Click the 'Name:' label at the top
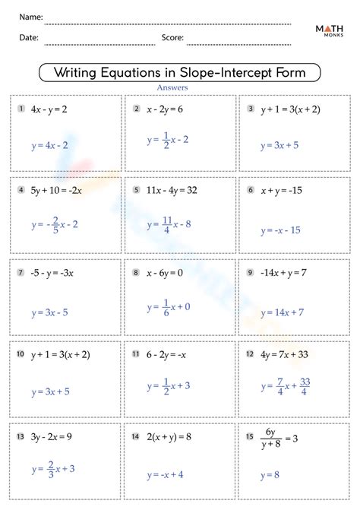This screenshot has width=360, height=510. (x=31, y=17)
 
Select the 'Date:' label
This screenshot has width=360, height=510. (x=29, y=36)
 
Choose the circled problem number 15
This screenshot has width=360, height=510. (x=249, y=437)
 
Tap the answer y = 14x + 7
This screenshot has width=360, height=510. (x=282, y=312)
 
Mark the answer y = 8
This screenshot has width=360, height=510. (x=271, y=475)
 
